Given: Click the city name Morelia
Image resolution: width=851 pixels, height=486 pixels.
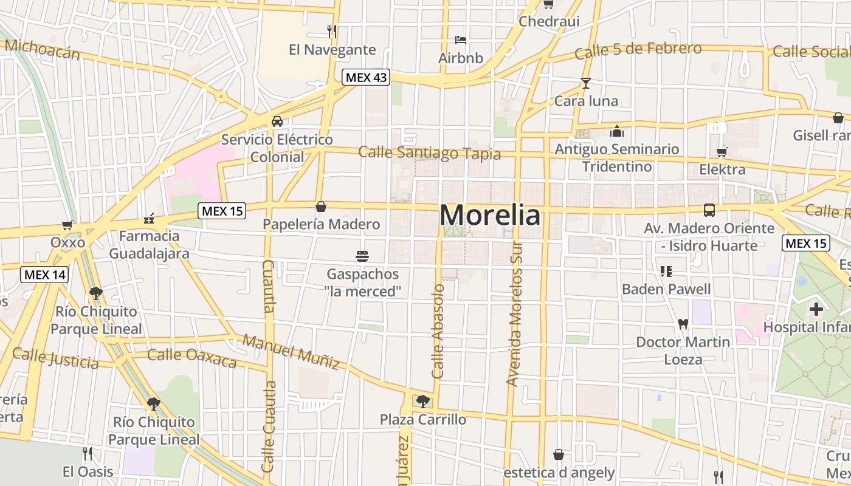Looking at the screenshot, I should [x=489, y=216].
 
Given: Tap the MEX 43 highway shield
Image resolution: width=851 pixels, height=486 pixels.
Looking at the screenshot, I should [x=365, y=78].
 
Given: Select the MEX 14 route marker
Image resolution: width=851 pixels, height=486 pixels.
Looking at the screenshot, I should [x=44, y=275].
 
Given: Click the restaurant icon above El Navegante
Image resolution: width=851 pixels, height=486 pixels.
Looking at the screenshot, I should [x=332, y=31].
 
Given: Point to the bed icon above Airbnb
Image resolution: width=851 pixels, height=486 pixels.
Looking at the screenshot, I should [x=461, y=40].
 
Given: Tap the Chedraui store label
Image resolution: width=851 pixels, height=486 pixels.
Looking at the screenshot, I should [x=549, y=21].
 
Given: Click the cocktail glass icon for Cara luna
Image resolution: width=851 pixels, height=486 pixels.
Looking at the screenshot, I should [x=585, y=83].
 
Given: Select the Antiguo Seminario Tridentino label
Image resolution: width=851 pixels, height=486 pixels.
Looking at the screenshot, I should [x=617, y=157].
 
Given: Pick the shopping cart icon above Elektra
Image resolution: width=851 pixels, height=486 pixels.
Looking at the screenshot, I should [x=722, y=152].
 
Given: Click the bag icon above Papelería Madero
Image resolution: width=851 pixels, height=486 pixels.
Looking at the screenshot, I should [x=321, y=207].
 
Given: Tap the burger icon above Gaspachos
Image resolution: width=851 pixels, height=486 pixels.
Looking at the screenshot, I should [x=362, y=256].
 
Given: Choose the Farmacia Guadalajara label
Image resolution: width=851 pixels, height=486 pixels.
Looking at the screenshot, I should [x=149, y=244].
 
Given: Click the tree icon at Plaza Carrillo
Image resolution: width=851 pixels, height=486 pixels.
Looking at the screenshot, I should [x=422, y=401].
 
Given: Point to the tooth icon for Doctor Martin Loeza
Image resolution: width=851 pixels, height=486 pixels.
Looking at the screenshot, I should [x=683, y=324].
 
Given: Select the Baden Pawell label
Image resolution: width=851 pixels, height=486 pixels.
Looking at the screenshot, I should [x=666, y=289].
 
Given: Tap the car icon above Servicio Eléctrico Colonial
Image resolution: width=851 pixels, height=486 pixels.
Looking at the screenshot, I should [x=277, y=122].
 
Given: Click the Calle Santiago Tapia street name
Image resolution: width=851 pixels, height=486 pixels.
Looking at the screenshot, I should [x=429, y=152].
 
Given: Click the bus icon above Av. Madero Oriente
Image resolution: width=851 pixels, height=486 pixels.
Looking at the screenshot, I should [x=709, y=210].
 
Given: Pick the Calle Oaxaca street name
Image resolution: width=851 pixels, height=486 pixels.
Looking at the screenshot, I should [x=191, y=358].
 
